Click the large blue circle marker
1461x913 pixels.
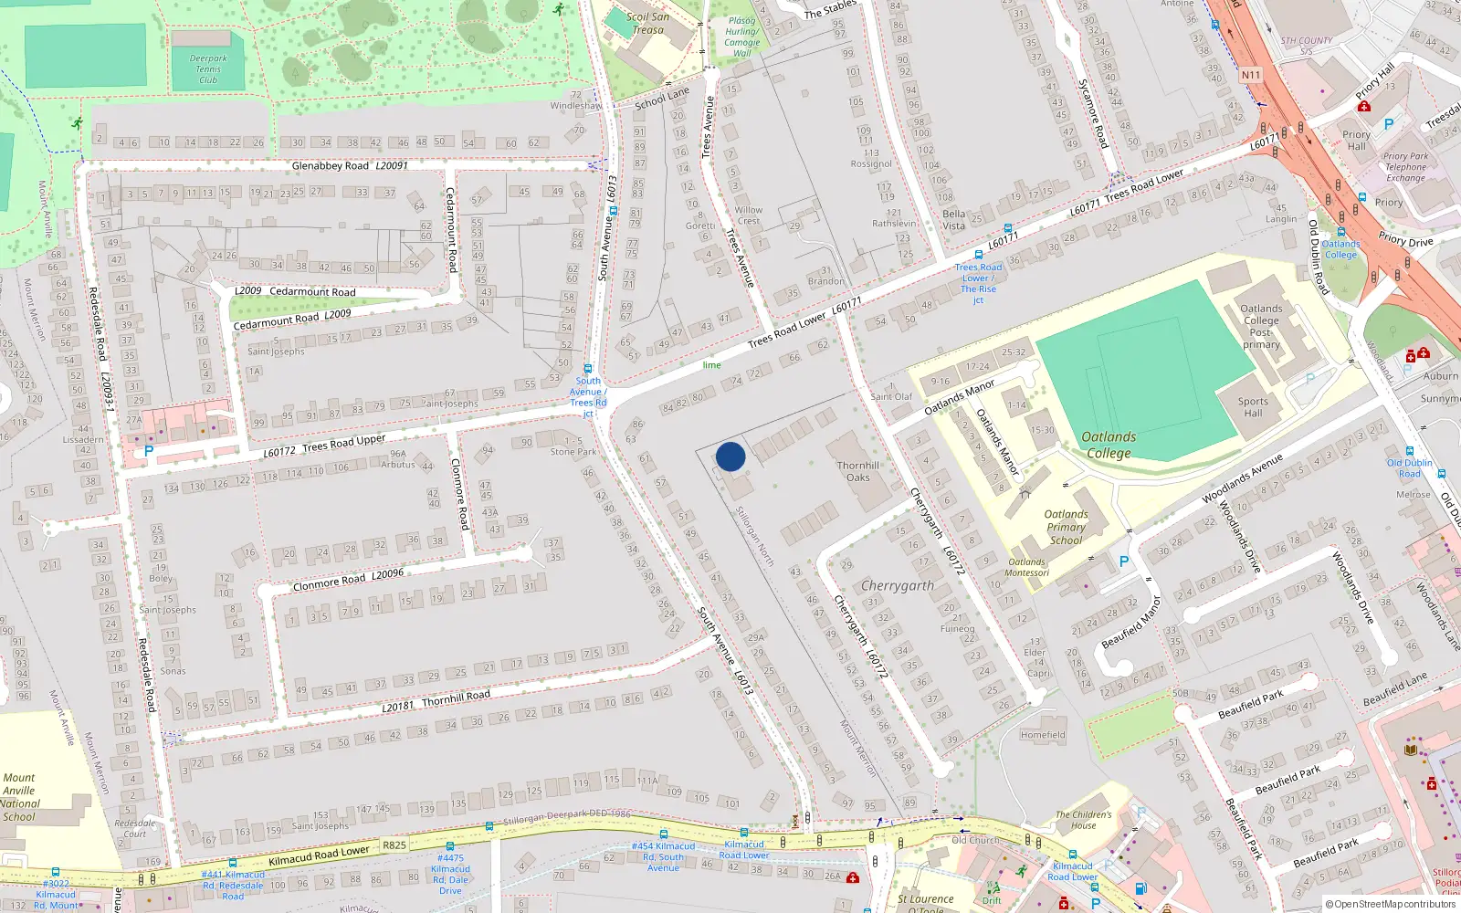730,456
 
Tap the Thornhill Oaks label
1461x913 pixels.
858,471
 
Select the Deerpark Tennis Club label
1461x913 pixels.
208,68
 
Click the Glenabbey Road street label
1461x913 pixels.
331,166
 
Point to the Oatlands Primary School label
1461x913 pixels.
1066,527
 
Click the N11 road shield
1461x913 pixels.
1250,75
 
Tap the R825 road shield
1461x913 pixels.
394,845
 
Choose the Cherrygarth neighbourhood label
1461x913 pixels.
898,585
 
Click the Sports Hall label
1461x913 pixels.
1253,407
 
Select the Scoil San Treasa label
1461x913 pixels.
647,23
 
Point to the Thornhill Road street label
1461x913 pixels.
456,698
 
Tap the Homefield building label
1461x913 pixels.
1043,735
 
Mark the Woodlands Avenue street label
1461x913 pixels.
1242,478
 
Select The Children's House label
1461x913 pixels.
1084,820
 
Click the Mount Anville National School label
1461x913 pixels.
19,797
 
